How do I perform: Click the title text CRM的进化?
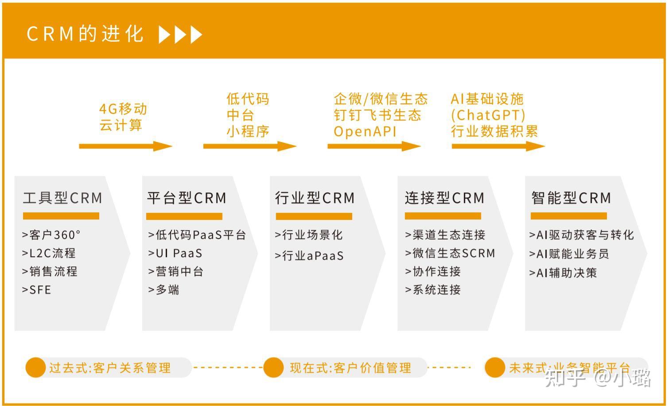pos(85,34)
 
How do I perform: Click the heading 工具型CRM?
pos(62,198)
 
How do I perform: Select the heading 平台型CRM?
pos(186,198)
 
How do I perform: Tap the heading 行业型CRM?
pos(315,198)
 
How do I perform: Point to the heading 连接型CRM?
pos(444,198)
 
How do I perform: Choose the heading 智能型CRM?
pos(571,198)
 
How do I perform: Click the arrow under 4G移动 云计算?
pos(125,146)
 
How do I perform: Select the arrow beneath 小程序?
pos(249,146)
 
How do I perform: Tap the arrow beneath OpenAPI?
pos(373,146)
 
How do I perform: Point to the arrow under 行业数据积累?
pos(498,146)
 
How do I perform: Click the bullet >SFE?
pos(37,290)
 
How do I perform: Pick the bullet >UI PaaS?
pos(175,253)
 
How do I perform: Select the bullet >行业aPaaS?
pos(309,256)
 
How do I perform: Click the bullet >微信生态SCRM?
pos(450,253)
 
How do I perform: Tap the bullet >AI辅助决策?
pos(563,273)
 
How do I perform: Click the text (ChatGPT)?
pos(488,115)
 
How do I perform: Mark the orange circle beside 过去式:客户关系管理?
pos(35,367)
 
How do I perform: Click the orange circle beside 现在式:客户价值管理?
pos(273,367)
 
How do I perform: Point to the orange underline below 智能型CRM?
pos(568,216)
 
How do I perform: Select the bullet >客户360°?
pos(51,234)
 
